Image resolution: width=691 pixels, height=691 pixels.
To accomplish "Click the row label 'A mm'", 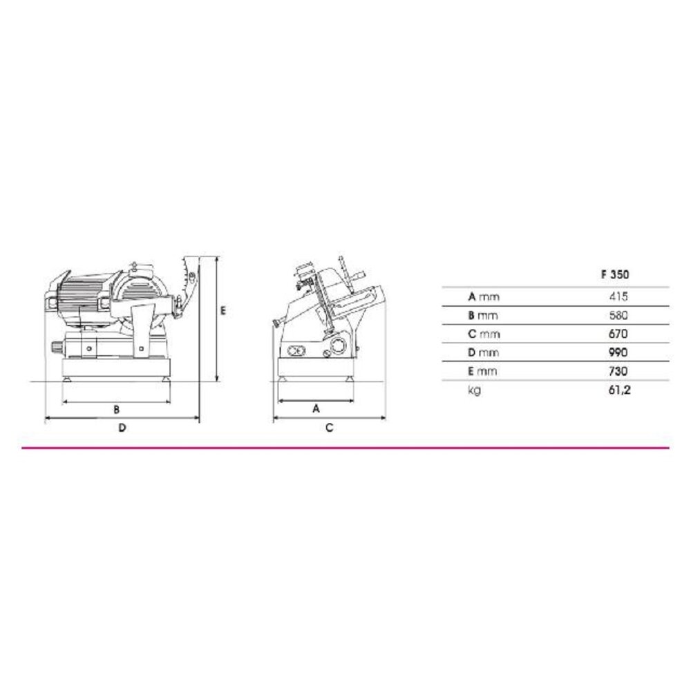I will click(x=483, y=297).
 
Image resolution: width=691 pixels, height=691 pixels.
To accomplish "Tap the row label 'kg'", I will click(x=474, y=390).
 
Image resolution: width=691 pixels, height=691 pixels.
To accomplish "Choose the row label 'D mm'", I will click(x=483, y=353).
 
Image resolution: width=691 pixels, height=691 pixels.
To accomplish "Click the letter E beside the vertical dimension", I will click(x=223, y=312).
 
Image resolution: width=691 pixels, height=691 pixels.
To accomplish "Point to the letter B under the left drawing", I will click(x=117, y=409).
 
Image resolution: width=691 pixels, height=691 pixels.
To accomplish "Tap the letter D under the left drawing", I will click(x=122, y=428).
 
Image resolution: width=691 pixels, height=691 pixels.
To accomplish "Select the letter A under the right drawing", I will click(x=316, y=409).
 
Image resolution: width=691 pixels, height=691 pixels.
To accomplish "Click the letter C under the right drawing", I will click(x=330, y=428).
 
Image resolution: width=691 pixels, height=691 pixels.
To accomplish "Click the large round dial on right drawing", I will click(x=339, y=346).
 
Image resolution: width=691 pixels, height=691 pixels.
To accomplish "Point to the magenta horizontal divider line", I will click(x=345, y=448).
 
